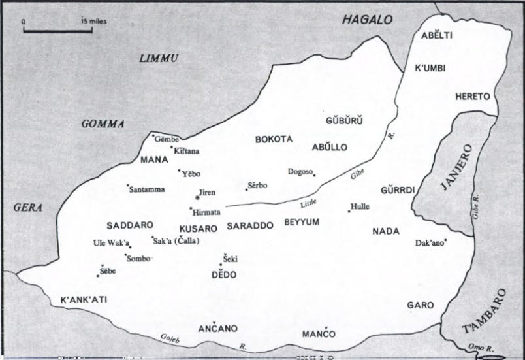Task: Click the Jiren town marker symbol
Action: coord(198,197)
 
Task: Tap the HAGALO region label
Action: coord(368,20)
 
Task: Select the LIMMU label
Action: coord(159,59)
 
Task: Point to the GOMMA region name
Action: coord(103,123)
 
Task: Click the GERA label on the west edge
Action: coord(27,208)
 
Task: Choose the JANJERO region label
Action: coord(454,167)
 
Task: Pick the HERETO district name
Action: coord(472,96)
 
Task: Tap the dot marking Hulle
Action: coord(349,211)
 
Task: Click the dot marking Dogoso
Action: coord(314,174)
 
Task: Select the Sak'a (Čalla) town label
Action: coord(176,240)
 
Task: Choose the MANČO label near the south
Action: coord(319,334)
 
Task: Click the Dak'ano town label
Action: coord(430,243)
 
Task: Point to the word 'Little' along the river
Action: coord(308,202)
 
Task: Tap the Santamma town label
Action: coord(147,189)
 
